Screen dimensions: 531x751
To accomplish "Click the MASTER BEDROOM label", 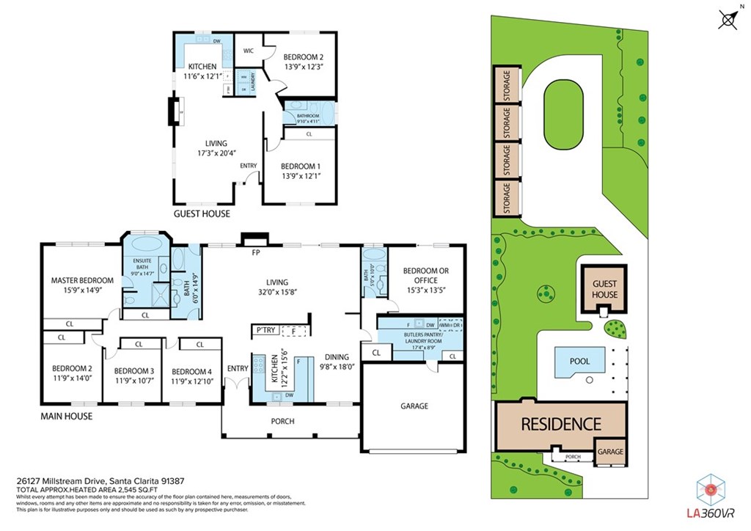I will tap(82, 280).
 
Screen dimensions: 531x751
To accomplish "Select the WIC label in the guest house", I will tap(249, 52).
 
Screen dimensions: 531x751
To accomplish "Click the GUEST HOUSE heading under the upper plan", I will tap(202, 214).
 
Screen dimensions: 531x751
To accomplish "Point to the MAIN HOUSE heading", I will tap(67, 417).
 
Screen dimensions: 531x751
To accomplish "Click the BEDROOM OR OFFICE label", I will tap(425, 276).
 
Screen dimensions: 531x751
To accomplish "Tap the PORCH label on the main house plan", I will tap(282, 421).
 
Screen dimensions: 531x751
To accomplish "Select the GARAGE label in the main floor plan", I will tap(414, 406).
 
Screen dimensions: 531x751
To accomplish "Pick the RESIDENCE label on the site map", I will tap(561, 424).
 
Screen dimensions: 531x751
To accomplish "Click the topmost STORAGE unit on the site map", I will tap(505, 84).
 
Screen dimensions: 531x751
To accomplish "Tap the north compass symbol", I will tap(728, 21).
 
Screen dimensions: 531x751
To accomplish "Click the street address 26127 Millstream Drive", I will tap(62, 481).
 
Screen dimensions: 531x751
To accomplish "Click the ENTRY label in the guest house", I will tap(249, 166).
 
